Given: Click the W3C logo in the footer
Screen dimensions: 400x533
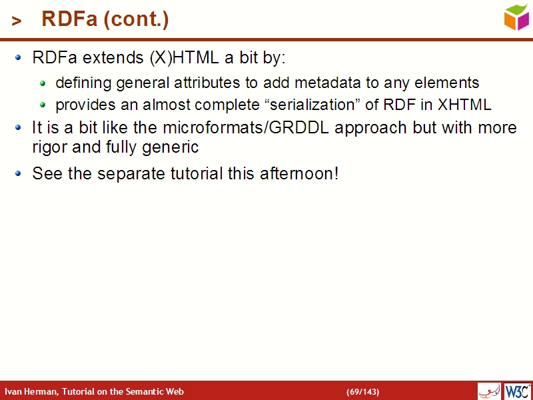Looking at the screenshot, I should [x=518, y=391].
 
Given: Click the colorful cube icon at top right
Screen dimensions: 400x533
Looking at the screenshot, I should [x=516, y=17].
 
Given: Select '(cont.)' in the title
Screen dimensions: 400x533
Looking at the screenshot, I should [x=137, y=20].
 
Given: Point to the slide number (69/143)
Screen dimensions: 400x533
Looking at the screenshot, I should [x=362, y=391].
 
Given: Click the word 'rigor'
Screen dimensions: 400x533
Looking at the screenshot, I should [x=51, y=147].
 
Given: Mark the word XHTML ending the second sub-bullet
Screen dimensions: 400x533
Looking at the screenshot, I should [x=464, y=105].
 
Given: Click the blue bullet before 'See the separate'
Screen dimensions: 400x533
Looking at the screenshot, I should [x=19, y=173].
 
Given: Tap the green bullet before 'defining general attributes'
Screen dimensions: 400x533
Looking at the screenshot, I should [x=43, y=83].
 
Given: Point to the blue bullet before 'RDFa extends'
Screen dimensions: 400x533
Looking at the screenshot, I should [x=19, y=57].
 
